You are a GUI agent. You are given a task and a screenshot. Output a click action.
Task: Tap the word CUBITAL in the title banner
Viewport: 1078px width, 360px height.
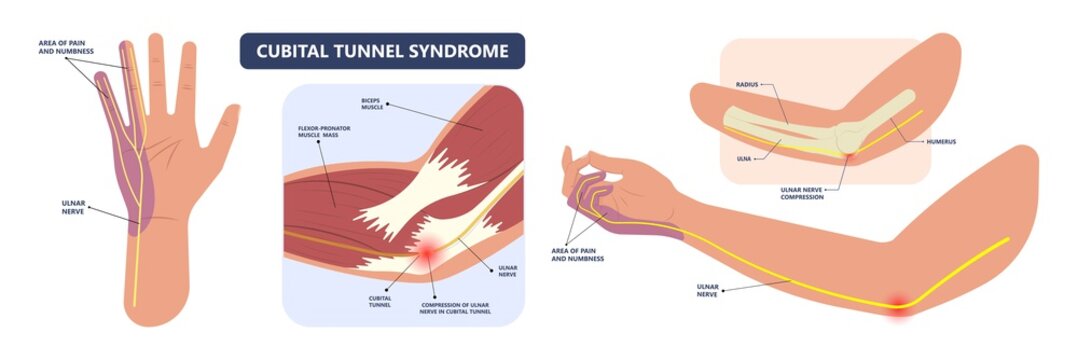tap(294, 50)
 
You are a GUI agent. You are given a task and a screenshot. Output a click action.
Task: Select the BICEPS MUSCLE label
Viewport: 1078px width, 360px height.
tap(373, 105)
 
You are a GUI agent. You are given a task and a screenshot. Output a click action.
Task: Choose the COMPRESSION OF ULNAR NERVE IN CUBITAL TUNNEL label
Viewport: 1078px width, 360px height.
tap(461, 305)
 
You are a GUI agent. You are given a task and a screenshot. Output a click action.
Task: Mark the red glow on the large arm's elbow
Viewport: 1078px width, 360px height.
tap(898, 306)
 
